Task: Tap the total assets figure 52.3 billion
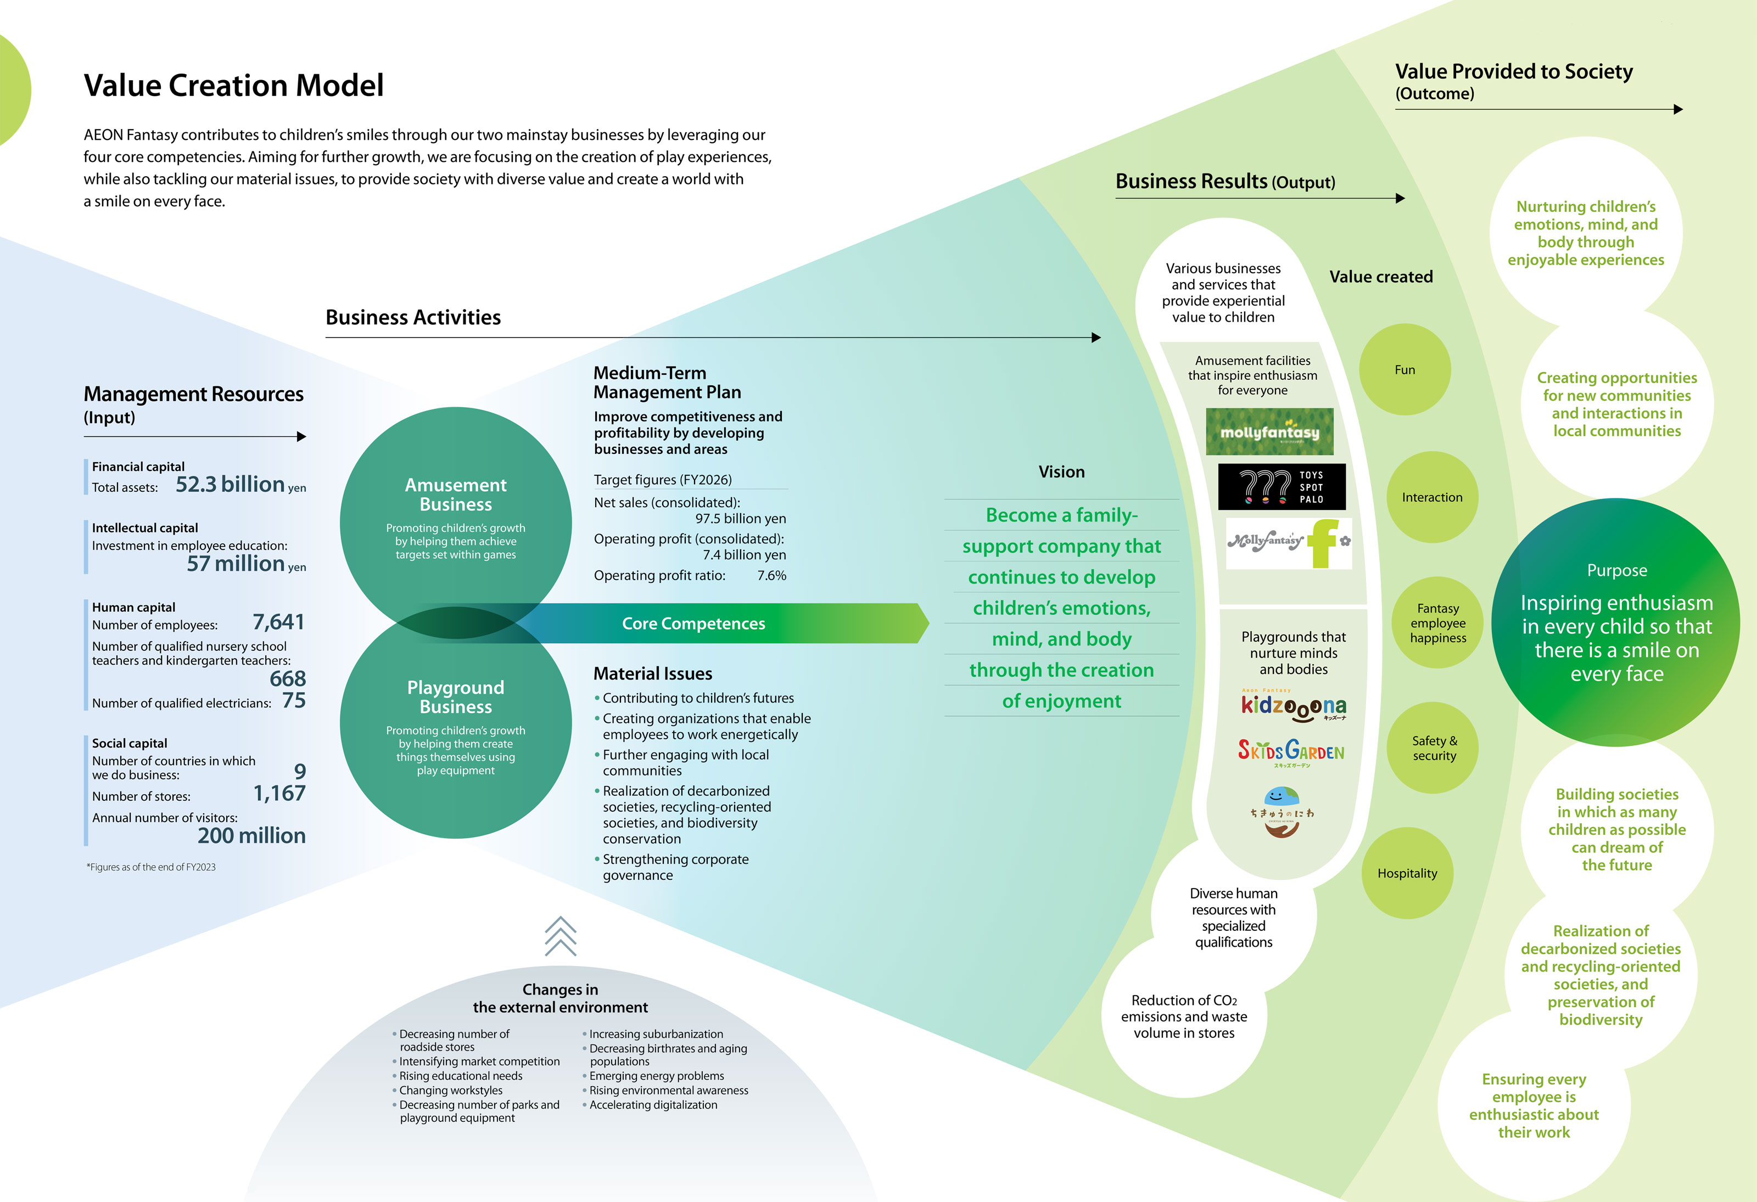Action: [x=230, y=484]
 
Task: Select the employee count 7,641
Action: [x=278, y=622]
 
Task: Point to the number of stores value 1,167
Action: [x=279, y=793]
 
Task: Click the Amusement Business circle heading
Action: [x=456, y=495]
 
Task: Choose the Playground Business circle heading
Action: [x=456, y=697]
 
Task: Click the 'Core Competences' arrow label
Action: [x=693, y=624]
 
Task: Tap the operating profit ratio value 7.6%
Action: [x=771, y=575]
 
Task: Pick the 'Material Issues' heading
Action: [x=652, y=673]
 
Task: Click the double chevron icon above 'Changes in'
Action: [x=560, y=936]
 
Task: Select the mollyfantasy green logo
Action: [x=1269, y=431]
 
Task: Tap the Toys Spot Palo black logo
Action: [x=1282, y=487]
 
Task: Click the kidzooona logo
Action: [x=1293, y=706]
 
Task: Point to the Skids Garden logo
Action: [x=1291, y=751]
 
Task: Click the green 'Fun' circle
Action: [x=1405, y=370]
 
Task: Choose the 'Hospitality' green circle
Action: [x=1407, y=873]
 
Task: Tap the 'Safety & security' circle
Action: [x=1434, y=749]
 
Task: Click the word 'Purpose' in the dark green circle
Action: [x=1616, y=570]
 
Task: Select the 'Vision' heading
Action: [x=1061, y=471]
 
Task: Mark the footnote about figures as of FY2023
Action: [x=151, y=867]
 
